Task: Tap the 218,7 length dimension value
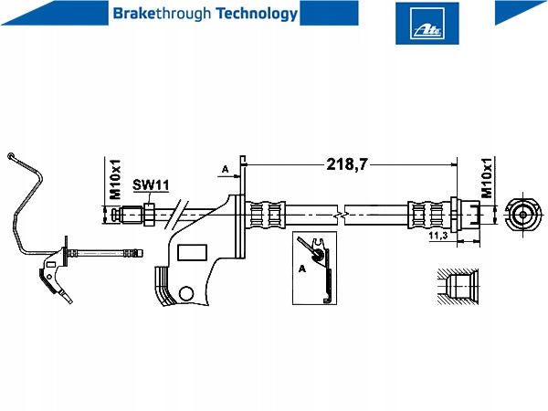347,164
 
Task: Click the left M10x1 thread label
116,179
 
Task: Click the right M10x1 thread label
487,179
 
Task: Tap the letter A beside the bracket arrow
226,169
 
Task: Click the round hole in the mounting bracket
187,293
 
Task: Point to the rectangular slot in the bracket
192,252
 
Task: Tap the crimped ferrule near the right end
425,216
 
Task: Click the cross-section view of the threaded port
457,285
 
